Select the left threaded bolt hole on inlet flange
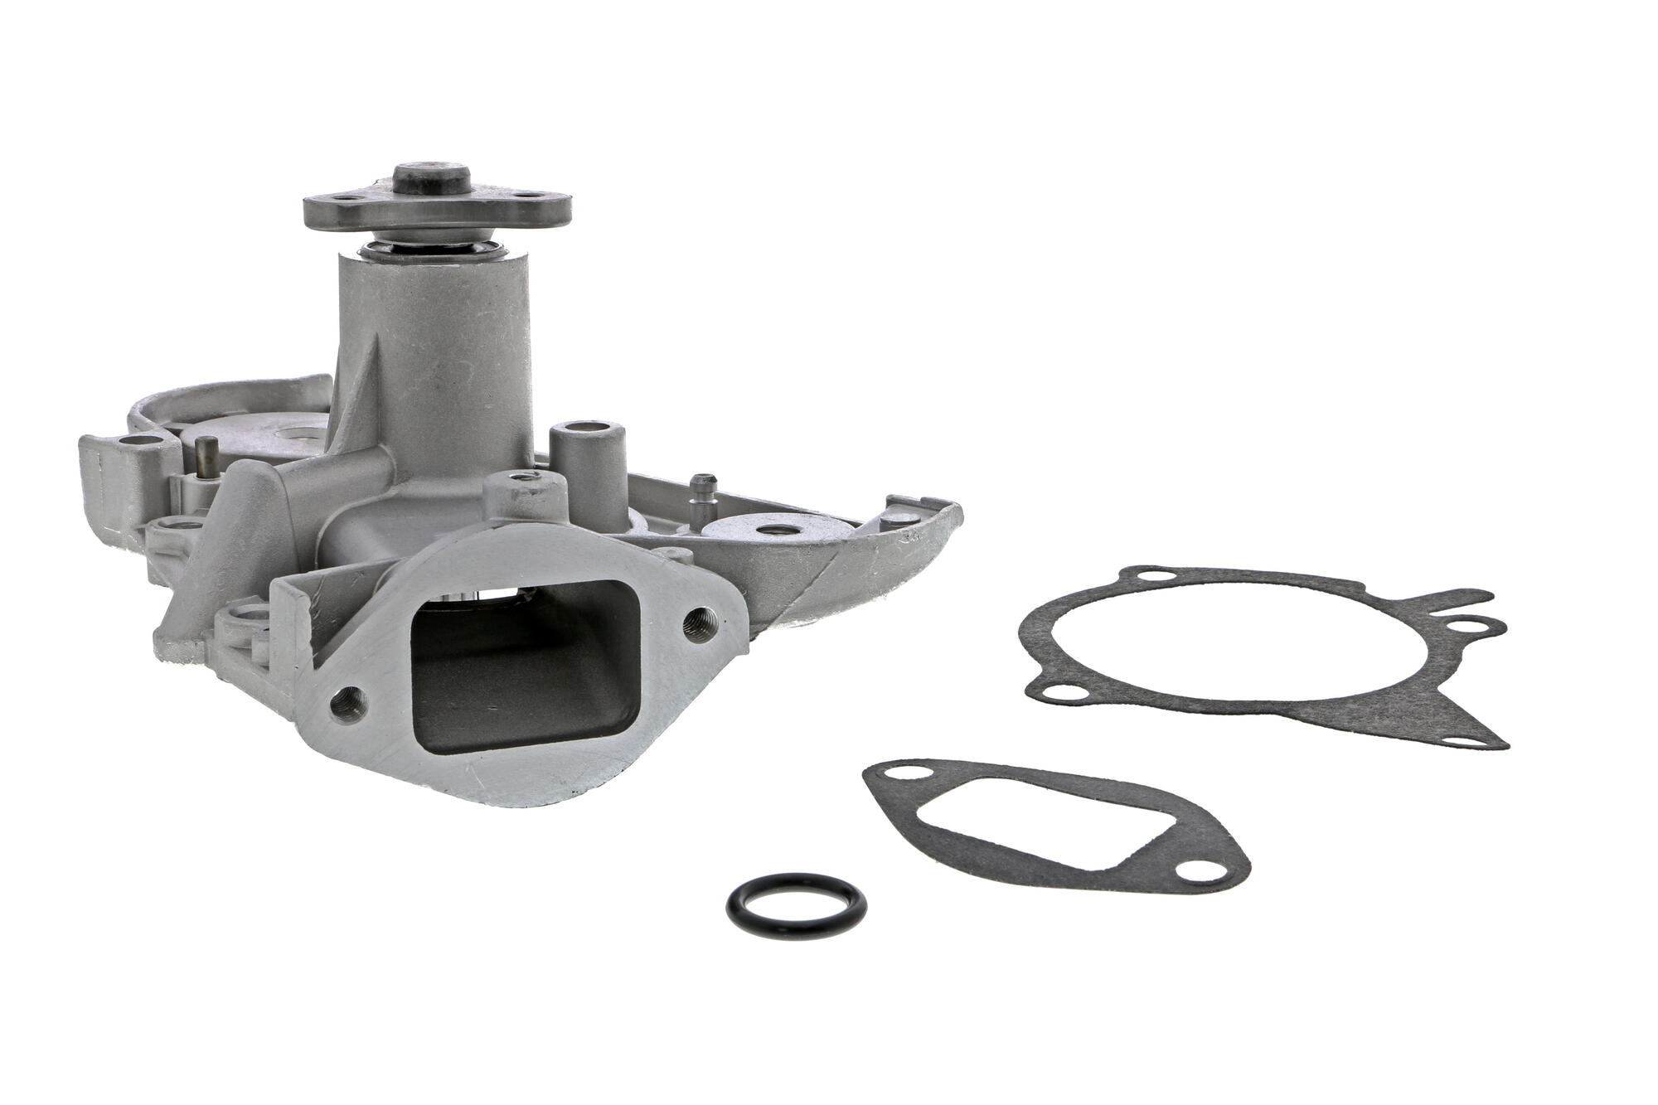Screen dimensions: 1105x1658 [x=345, y=703]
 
